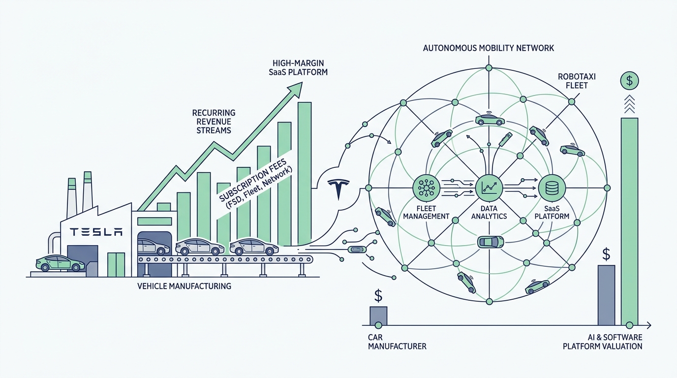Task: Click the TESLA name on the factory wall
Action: [96, 232]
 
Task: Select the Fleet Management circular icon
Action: [426, 188]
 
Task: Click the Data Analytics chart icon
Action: [489, 188]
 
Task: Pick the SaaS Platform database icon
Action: [552, 188]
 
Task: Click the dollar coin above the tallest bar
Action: [629, 81]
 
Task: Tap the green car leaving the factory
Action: [60, 263]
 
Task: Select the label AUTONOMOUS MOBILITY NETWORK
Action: [489, 48]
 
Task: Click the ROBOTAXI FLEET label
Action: [577, 81]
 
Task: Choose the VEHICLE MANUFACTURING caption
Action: [184, 286]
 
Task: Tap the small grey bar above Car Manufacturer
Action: [378, 316]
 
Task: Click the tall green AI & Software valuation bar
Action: [630, 221]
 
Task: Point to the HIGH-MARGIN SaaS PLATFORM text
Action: [298, 68]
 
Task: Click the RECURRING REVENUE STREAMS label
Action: [214, 122]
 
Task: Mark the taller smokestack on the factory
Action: [88, 191]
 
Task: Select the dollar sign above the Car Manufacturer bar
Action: [378, 296]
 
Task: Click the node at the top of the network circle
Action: [489, 68]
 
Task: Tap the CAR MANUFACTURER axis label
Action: [397, 342]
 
